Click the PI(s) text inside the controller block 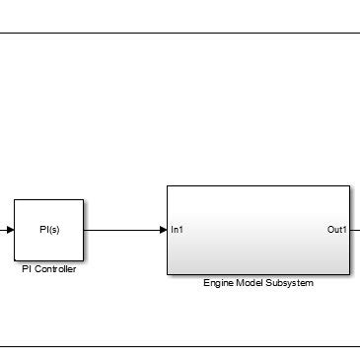click(x=48, y=231)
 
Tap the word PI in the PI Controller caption click(x=27, y=269)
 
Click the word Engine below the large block click(x=219, y=283)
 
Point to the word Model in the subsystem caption click(x=250, y=283)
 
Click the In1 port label click(x=177, y=231)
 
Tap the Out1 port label click(x=336, y=231)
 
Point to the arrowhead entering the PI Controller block click(x=9, y=231)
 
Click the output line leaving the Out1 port click(x=355, y=231)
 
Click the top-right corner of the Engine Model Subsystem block click(x=349, y=185)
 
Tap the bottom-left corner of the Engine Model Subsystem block click(x=167, y=274)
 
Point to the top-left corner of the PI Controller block click(x=14, y=199)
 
